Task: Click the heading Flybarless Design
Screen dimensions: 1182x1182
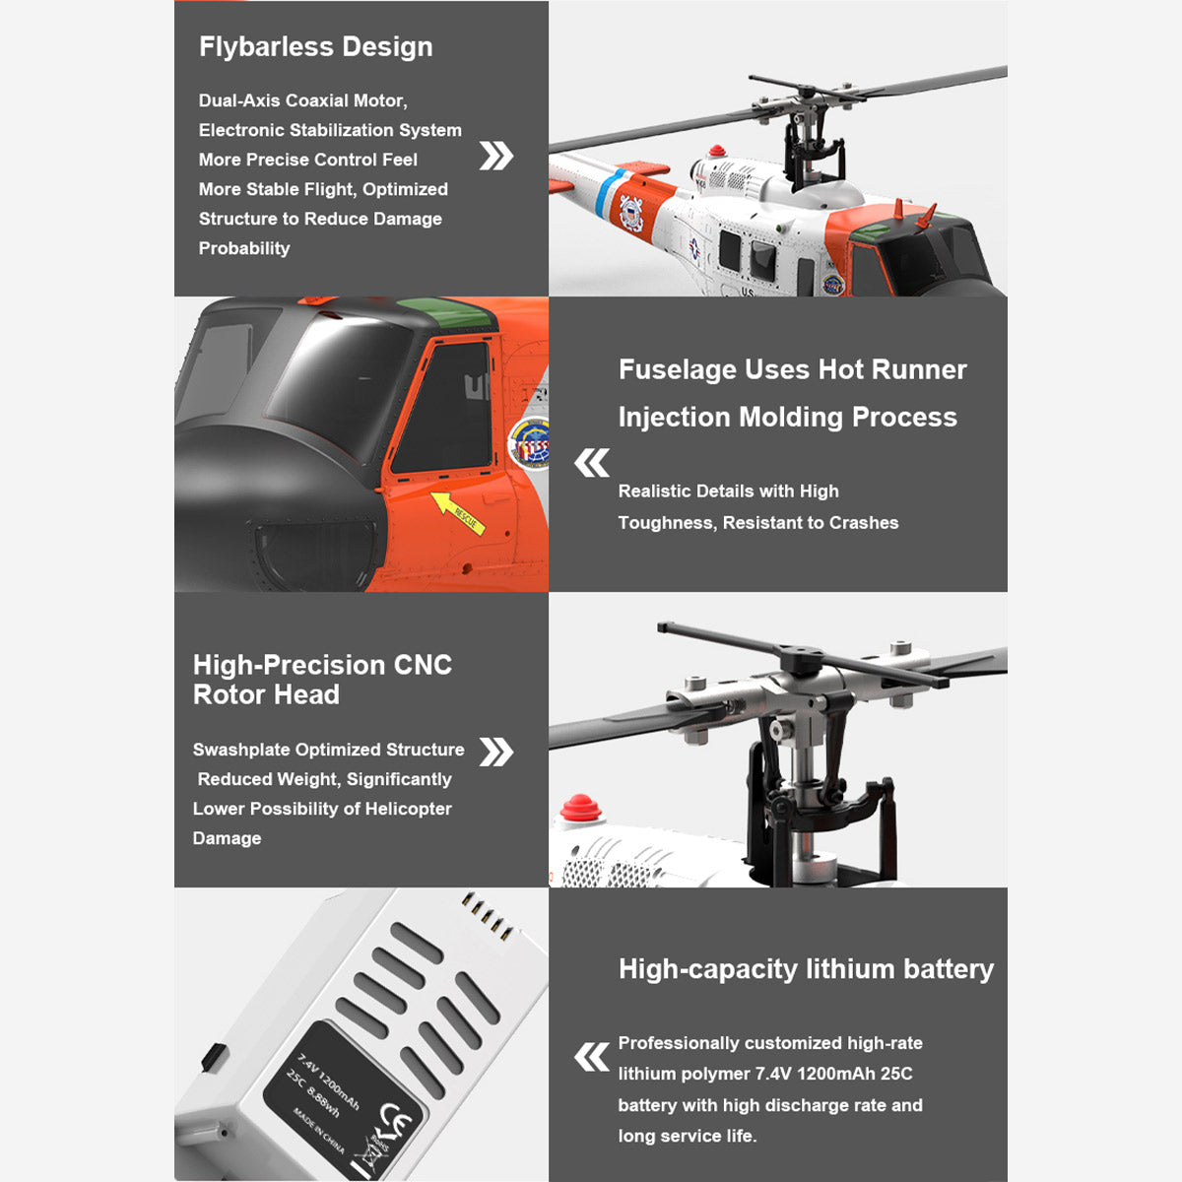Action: click(x=315, y=47)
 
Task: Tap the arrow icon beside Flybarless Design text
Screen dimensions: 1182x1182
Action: click(x=495, y=156)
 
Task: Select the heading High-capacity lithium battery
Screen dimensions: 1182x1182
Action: click(x=806, y=969)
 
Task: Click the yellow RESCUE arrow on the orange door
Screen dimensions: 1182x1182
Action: click(x=458, y=512)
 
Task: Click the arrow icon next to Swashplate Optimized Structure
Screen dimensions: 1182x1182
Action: click(x=495, y=752)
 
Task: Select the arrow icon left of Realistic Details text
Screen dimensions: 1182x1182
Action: click(x=592, y=462)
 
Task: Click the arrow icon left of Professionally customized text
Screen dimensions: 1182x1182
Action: click(x=592, y=1058)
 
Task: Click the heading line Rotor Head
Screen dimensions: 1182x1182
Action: click(x=266, y=695)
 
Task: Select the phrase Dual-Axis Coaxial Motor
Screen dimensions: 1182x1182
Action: click(x=302, y=100)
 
